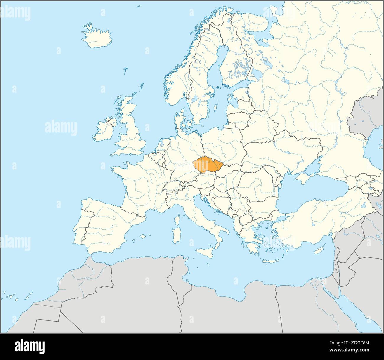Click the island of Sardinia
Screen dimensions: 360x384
pyautogui.click(x=177, y=236)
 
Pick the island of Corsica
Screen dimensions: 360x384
pyautogui.click(x=178, y=220)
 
